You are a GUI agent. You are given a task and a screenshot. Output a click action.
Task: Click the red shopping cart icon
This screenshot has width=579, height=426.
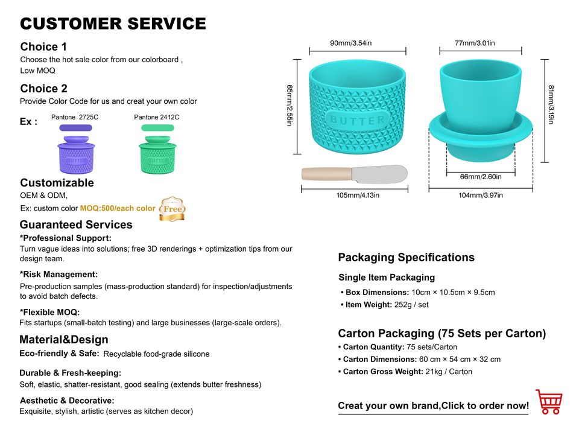(548, 401)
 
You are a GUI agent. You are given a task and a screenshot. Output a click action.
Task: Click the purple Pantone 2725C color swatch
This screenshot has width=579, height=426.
(75, 128)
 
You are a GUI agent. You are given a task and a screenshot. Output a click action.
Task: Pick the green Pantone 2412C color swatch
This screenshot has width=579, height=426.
(157, 128)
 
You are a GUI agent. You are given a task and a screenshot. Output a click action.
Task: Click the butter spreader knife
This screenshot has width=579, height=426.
(354, 174)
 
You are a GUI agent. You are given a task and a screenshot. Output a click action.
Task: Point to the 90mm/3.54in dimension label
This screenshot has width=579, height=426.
(350, 43)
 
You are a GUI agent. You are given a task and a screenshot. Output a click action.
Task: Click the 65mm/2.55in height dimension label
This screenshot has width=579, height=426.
(290, 105)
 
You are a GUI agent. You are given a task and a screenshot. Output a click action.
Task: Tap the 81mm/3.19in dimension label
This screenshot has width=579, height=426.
(552, 105)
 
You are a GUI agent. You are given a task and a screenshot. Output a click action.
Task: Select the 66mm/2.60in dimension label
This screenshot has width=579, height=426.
(481, 176)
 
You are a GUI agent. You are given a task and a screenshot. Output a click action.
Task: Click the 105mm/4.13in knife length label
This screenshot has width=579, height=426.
(358, 195)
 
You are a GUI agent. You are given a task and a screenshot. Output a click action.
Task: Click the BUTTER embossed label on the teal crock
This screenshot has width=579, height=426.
(357, 119)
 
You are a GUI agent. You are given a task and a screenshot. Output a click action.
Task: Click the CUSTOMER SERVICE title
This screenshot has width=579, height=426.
(113, 24)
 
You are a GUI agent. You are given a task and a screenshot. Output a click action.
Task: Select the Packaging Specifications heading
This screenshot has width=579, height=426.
(406, 258)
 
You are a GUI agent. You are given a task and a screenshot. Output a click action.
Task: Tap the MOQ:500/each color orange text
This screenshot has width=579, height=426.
(118, 209)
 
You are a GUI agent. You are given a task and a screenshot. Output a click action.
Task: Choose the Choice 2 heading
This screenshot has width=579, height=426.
(43, 89)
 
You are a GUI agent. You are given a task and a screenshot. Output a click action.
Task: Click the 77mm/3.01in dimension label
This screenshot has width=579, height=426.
(475, 43)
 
